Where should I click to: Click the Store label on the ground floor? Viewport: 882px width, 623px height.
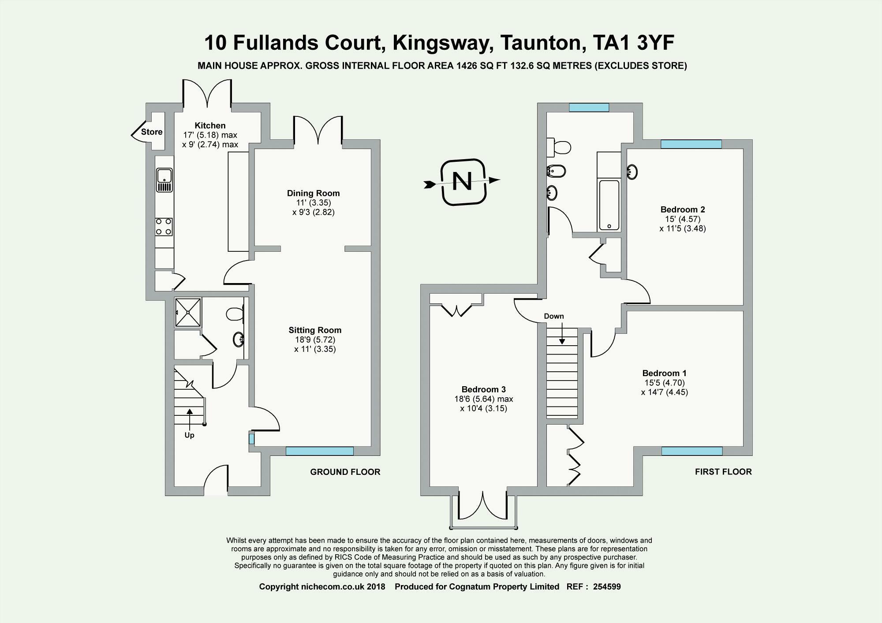click(x=152, y=132)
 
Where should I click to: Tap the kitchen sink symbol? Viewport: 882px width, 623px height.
click(x=164, y=180)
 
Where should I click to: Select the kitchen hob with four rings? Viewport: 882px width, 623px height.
click(x=164, y=227)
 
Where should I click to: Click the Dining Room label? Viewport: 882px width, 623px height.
click(x=313, y=193)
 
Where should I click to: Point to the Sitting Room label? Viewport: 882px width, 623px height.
click(x=315, y=330)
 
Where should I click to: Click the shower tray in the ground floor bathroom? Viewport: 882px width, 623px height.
click(x=188, y=313)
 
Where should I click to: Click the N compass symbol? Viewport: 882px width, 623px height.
click(x=463, y=182)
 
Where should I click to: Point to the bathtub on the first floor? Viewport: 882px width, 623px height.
click(x=609, y=205)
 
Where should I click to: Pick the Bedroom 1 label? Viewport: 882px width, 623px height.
click(x=664, y=373)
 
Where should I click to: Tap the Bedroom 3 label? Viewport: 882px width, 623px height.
click(x=483, y=389)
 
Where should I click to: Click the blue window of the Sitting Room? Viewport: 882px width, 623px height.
click(x=320, y=451)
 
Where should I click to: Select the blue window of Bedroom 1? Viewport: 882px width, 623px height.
click(x=691, y=451)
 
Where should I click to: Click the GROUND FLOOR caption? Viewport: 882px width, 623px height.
click(x=345, y=472)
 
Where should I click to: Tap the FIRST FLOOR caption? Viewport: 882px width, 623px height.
click(x=723, y=472)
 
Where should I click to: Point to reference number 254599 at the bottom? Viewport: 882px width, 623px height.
click(x=607, y=587)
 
